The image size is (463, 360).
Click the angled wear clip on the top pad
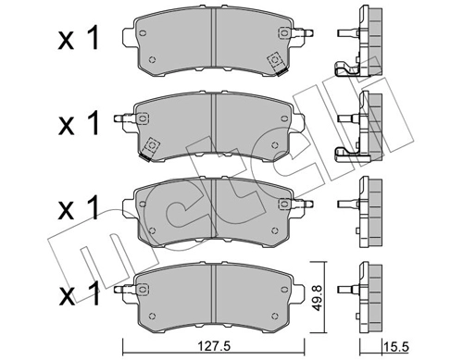pyautogui.click(x=275, y=61)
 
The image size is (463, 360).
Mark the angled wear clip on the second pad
pyautogui.click(x=151, y=144)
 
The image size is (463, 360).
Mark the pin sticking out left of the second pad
pyautogui.click(x=120, y=118)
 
